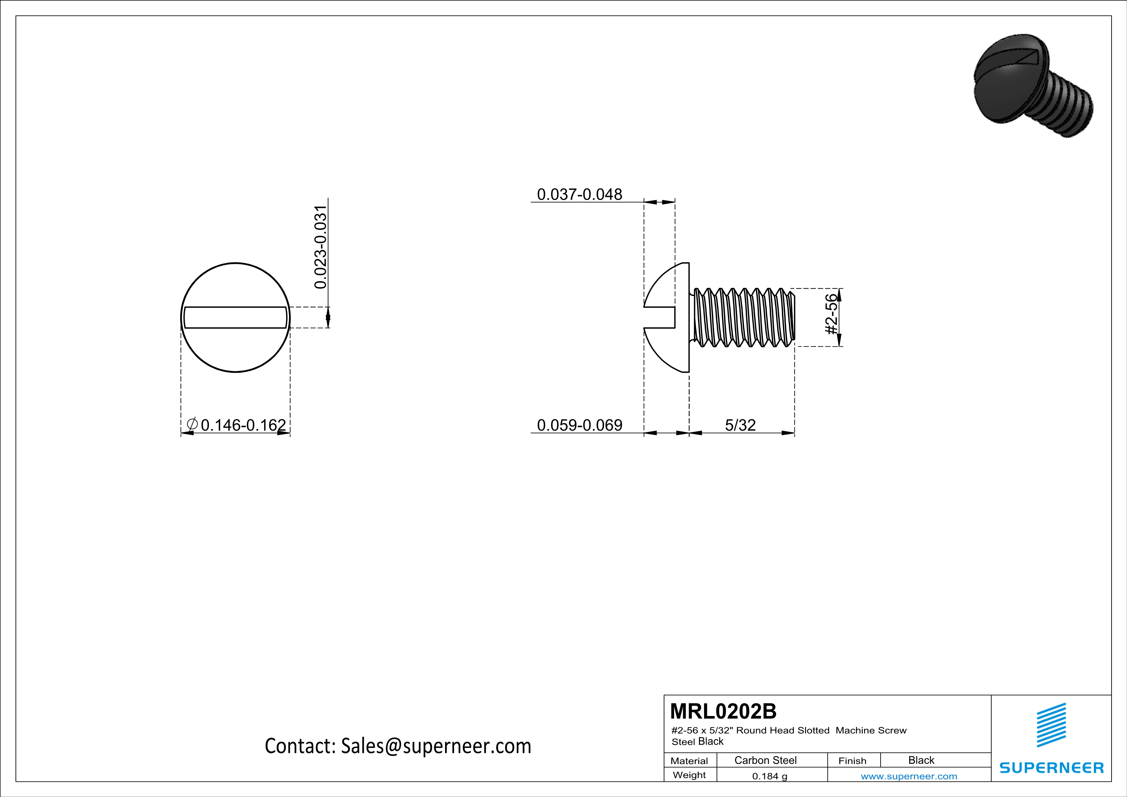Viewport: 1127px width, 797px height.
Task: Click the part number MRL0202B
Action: [723, 711]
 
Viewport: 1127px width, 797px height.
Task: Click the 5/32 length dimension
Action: [740, 425]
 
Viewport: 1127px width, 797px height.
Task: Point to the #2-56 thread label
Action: [830, 314]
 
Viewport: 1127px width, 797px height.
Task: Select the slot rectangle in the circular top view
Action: [235, 318]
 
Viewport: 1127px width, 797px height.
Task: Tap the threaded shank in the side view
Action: [744, 318]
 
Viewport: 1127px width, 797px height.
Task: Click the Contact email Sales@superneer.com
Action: [398, 746]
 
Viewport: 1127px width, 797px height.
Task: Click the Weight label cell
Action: [689, 775]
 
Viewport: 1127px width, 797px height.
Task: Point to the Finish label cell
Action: [852, 761]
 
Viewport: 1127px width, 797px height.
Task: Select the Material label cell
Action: [689, 761]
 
